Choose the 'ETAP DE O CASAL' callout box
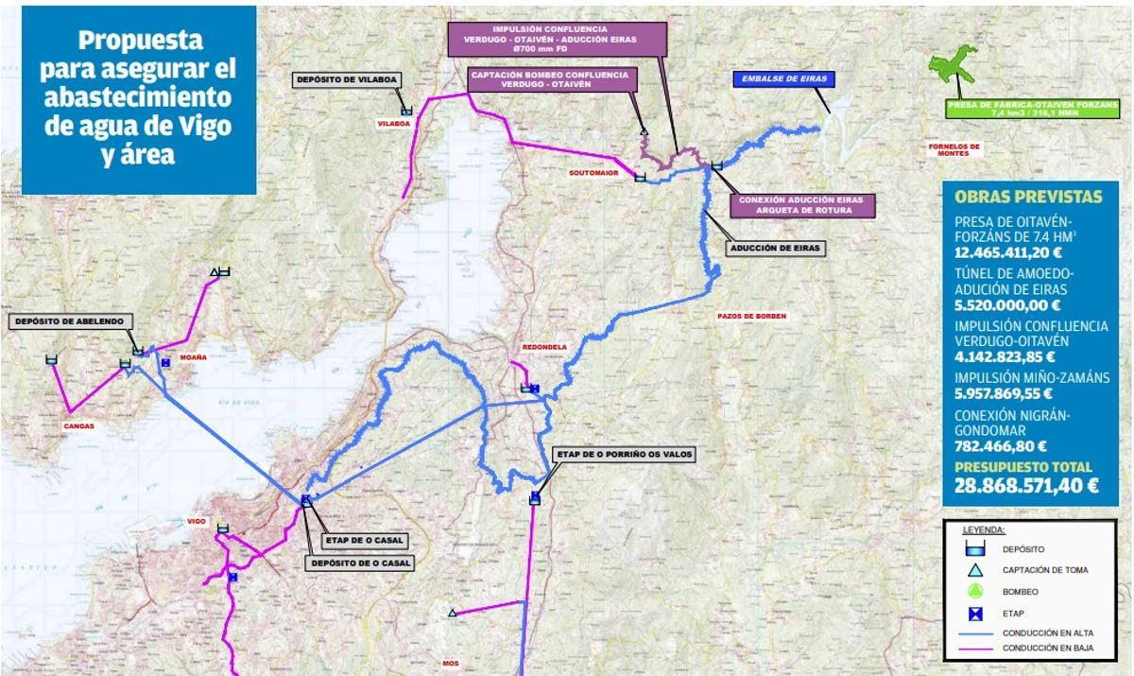point(363,541)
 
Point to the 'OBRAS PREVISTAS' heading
point(1028,197)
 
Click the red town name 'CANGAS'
point(78,425)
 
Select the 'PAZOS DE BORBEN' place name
point(751,316)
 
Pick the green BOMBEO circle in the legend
point(976,591)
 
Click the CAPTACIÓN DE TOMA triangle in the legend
point(976,570)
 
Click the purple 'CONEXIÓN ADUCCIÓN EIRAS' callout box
point(802,205)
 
